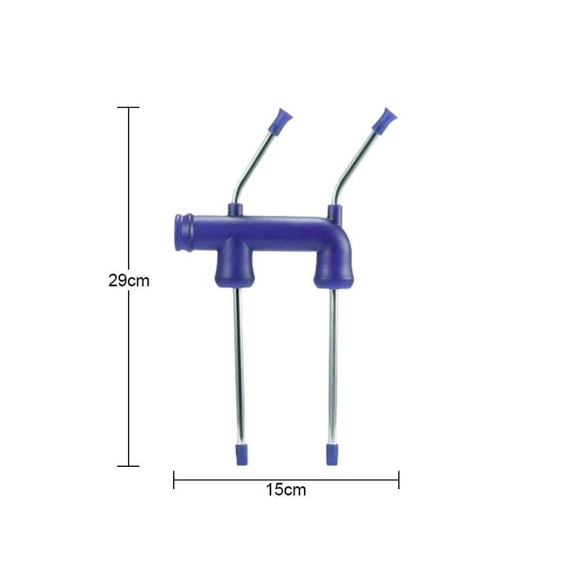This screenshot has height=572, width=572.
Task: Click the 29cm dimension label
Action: (x=129, y=280)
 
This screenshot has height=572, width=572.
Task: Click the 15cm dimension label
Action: (x=285, y=490)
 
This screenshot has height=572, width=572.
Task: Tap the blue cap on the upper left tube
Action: (x=280, y=120)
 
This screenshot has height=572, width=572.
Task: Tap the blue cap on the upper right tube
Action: (x=385, y=119)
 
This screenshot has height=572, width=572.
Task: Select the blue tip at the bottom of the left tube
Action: (x=241, y=455)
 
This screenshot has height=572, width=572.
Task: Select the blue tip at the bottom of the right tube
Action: (x=332, y=455)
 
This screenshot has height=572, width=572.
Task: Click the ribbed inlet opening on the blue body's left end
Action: (x=182, y=232)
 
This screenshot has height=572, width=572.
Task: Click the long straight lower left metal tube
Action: (x=239, y=366)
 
